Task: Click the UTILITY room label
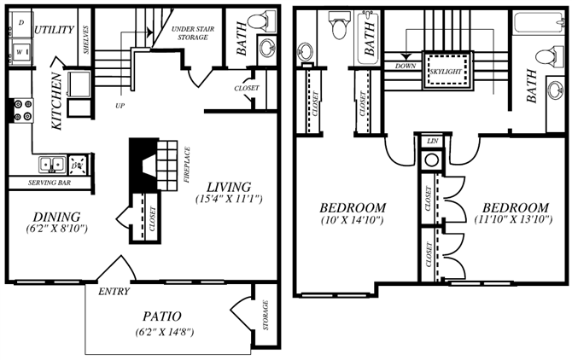click(54, 30)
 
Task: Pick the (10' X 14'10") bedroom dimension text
click(353, 221)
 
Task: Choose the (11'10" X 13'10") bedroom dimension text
click(513, 220)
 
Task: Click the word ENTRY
click(114, 292)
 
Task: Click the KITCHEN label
click(57, 102)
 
